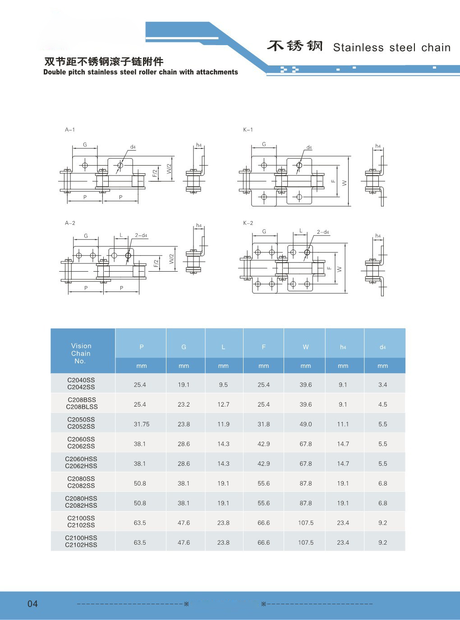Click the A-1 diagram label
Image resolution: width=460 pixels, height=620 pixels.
tap(70, 130)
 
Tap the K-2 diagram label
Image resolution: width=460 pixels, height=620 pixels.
tap(248, 223)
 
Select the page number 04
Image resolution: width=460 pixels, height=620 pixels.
tap(32, 603)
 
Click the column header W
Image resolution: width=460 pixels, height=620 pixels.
tap(305, 347)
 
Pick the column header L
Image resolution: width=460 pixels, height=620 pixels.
tap(223, 347)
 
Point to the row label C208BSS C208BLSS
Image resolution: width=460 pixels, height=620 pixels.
tap(82, 403)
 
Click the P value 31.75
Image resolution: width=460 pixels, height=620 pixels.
tap(142, 424)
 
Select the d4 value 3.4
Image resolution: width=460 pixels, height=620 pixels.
tap(382, 384)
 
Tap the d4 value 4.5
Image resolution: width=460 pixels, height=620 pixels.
tap(382, 404)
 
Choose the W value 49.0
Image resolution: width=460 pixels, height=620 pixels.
tap(305, 424)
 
